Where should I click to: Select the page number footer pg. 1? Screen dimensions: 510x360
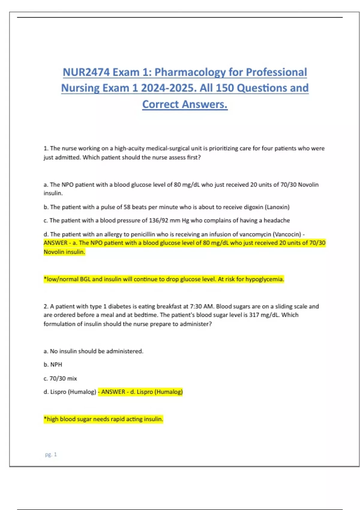(x=51, y=454)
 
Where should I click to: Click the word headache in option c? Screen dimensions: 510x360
(x=277, y=220)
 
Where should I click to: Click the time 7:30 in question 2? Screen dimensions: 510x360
(x=196, y=307)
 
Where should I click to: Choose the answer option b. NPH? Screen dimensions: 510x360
(x=53, y=365)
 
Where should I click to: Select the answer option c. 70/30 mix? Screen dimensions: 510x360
(x=60, y=379)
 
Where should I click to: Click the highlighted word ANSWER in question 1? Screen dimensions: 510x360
(x=55, y=243)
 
